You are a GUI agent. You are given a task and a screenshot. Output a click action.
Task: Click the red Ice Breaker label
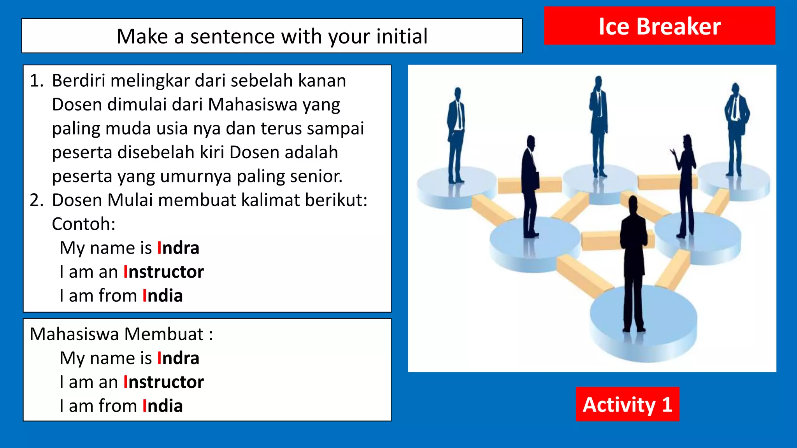coord(659,26)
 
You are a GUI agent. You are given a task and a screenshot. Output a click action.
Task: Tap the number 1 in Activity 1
coord(667,404)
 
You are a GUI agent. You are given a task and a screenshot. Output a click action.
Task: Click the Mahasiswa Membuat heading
coord(121,334)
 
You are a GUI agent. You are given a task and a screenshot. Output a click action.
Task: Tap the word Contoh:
coord(84,224)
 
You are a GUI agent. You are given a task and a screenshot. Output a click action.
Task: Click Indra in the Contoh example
coord(178,248)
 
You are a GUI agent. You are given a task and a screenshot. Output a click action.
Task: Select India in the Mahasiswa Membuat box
coord(162,406)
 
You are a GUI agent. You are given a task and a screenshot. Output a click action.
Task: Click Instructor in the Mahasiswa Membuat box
coord(163,382)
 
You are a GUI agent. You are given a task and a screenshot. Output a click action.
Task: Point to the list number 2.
coord(37,200)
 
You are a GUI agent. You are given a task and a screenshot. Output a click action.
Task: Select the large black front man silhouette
coord(634,264)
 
